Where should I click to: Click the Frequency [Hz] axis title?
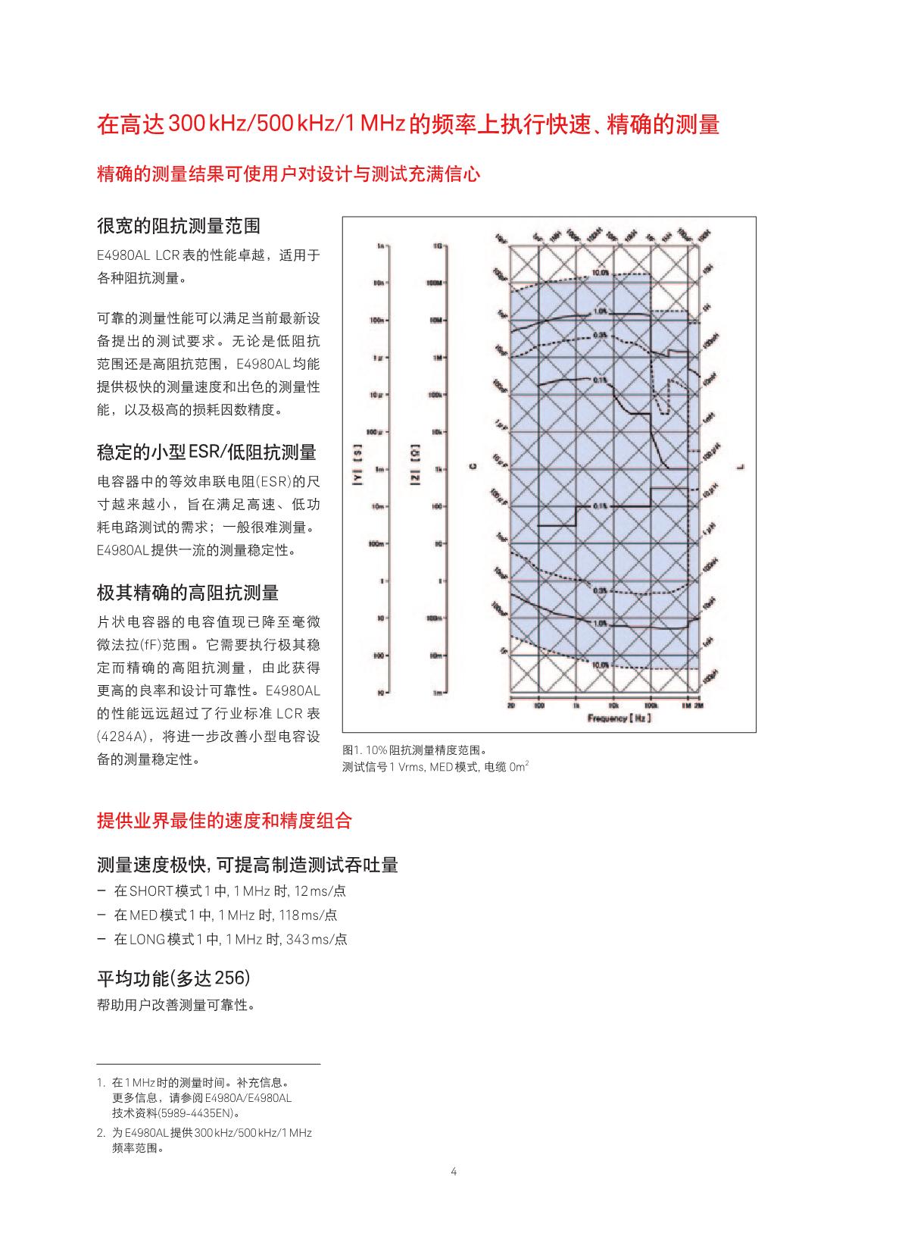(x=619, y=718)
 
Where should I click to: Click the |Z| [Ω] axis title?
(x=415, y=469)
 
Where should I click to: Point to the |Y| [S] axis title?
(x=357, y=469)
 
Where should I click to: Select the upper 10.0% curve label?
(x=601, y=271)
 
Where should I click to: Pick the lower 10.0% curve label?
(x=601, y=664)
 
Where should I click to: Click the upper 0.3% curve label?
(x=601, y=334)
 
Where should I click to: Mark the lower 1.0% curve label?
(x=601, y=623)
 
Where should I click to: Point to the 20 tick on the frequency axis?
(x=511, y=706)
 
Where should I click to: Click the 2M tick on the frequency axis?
(x=698, y=706)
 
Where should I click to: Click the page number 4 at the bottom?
(x=454, y=1172)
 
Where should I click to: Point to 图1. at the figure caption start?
(x=352, y=750)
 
